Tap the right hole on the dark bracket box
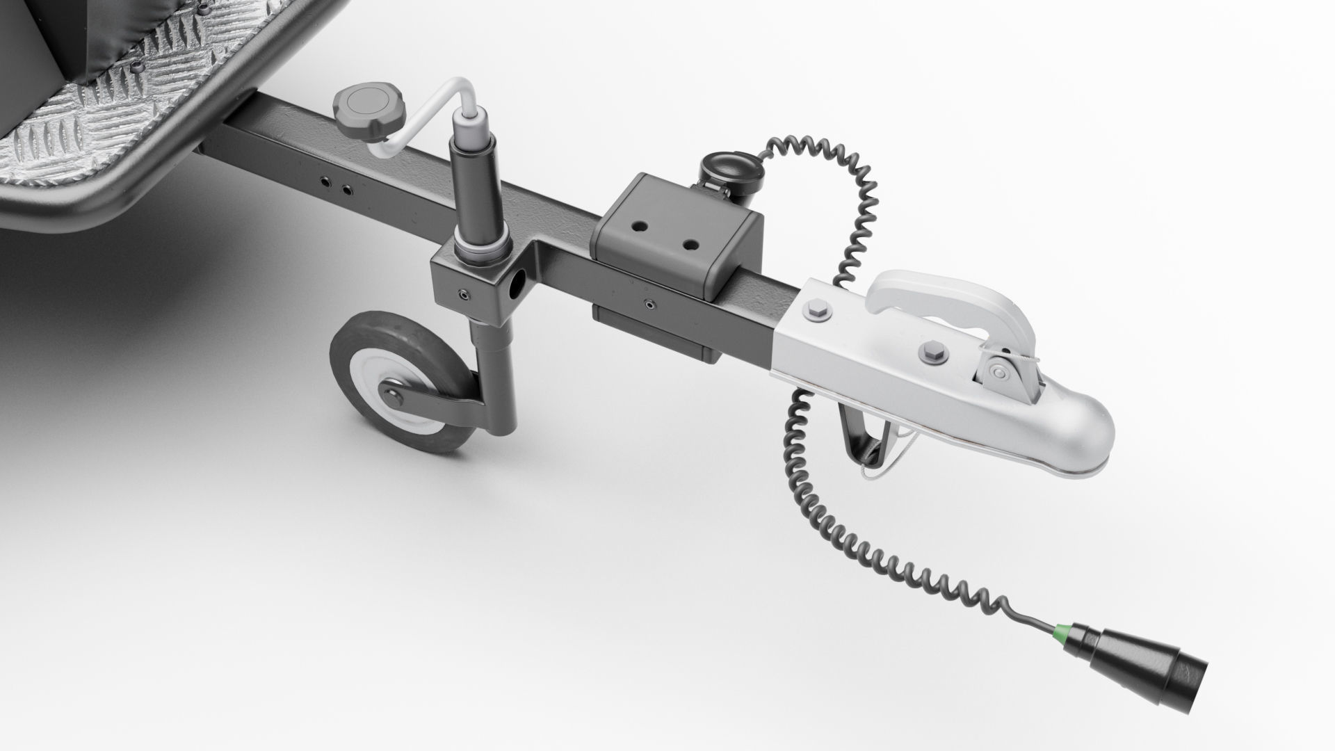click(x=690, y=244)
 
